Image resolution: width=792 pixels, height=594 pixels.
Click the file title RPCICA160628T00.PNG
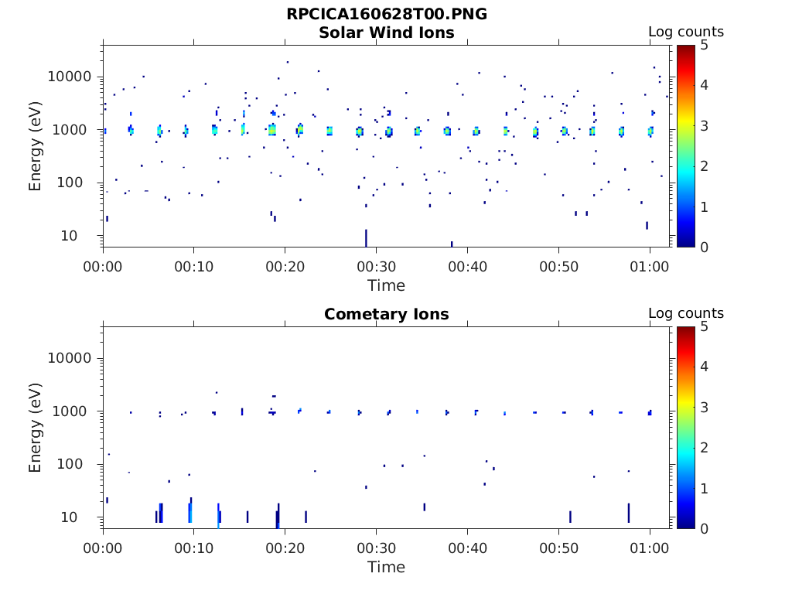click(x=387, y=14)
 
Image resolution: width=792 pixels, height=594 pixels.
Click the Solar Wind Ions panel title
click(x=387, y=32)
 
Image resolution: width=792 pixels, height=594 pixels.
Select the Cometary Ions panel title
click(x=387, y=314)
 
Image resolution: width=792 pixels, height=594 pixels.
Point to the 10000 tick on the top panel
click(x=70, y=77)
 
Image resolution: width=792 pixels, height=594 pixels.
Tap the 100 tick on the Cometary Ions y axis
click(x=77, y=465)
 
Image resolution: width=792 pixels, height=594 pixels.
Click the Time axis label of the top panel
click(x=386, y=285)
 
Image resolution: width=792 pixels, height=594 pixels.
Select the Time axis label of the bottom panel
click(x=386, y=567)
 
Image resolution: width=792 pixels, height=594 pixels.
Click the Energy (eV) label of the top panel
click(x=36, y=145)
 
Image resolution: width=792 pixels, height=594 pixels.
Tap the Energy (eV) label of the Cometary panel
click(x=36, y=427)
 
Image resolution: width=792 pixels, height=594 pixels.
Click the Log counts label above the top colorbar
click(x=685, y=32)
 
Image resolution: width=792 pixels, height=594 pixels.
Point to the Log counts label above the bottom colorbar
click(x=685, y=314)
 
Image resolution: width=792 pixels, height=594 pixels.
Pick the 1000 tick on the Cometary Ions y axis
click(x=73, y=411)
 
